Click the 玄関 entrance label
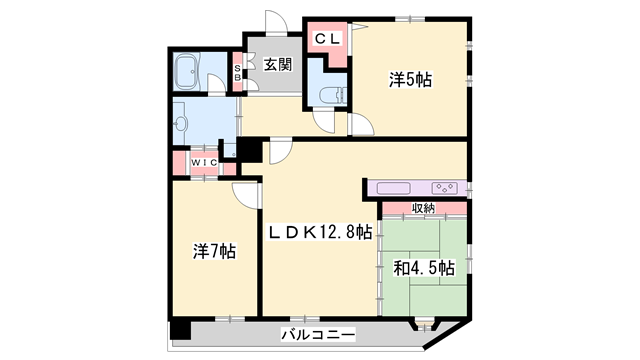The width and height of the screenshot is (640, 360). (278, 65)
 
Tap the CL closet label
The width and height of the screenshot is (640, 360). (328, 40)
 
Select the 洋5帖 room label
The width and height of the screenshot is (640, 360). (412, 79)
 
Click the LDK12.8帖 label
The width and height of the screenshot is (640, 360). (319, 232)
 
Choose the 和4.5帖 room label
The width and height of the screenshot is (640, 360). (424, 268)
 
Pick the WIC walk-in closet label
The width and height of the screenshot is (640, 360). (205, 162)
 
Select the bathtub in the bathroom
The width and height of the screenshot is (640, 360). (189, 72)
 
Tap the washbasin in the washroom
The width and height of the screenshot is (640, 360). (179, 123)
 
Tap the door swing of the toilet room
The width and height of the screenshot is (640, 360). (325, 119)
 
